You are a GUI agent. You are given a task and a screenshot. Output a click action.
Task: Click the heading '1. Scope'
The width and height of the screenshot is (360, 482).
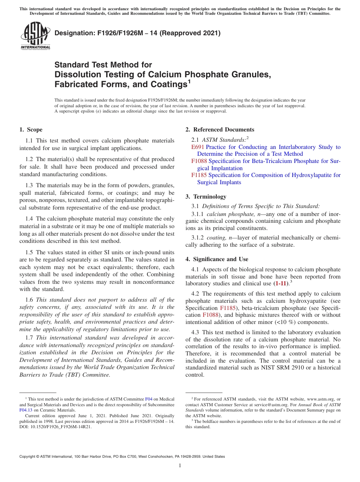[31, 130]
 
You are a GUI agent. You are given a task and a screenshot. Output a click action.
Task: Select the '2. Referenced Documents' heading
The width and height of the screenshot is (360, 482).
[220, 130]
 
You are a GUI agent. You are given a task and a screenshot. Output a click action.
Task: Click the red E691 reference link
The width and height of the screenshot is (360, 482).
[197, 147]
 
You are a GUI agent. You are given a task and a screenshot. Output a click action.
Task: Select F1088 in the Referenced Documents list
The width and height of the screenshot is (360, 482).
[199, 161]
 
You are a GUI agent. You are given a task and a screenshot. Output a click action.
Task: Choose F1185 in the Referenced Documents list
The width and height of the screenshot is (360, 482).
[199, 175]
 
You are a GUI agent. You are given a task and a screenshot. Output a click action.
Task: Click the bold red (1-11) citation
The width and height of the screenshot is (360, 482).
[280, 283]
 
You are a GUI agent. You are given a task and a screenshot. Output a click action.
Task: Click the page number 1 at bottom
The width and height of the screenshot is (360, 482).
[180, 466]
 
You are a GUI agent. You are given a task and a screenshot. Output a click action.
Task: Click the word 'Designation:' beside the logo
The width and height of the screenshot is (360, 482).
[73, 33]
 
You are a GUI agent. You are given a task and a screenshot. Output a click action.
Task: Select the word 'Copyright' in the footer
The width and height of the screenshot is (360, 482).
[29, 457]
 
